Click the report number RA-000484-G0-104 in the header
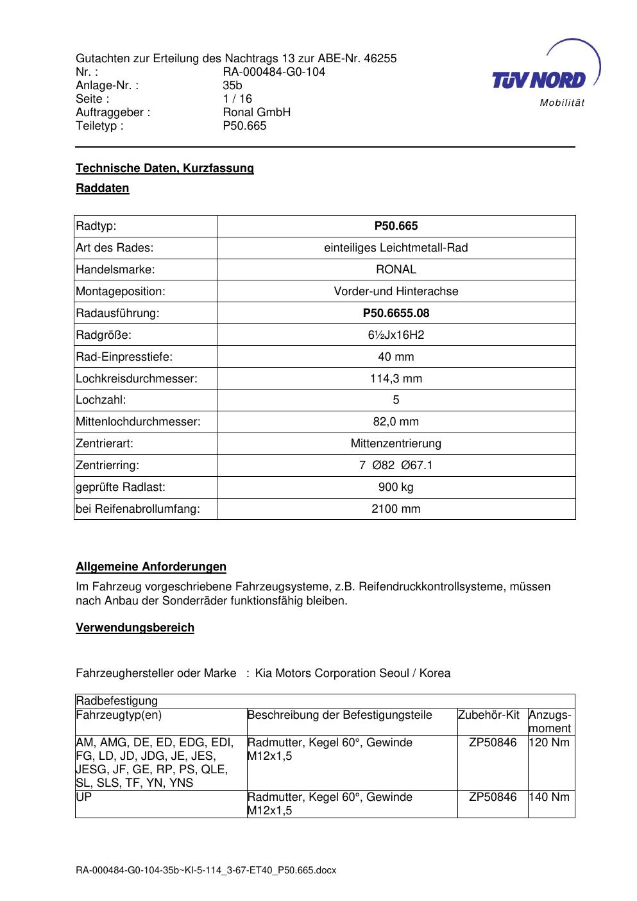click(x=274, y=72)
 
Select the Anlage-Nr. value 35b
click(x=232, y=85)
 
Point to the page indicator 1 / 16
click(x=237, y=99)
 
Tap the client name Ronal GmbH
click(x=257, y=112)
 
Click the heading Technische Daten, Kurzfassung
click(x=165, y=168)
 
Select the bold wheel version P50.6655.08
click(x=396, y=313)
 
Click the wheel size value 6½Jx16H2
click(x=396, y=335)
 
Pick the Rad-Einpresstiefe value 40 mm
click(x=396, y=357)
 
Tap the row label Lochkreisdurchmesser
click(x=137, y=379)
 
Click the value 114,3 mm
click(x=396, y=379)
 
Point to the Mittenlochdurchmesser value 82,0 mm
click(x=396, y=422)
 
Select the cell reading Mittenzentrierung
click(x=396, y=443)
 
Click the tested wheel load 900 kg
click(x=396, y=487)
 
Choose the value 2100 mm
click(x=396, y=509)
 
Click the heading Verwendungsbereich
click(x=135, y=628)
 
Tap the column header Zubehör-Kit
click(x=488, y=715)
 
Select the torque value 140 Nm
click(x=549, y=797)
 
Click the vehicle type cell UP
click(x=83, y=797)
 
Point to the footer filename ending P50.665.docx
click(x=206, y=871)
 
